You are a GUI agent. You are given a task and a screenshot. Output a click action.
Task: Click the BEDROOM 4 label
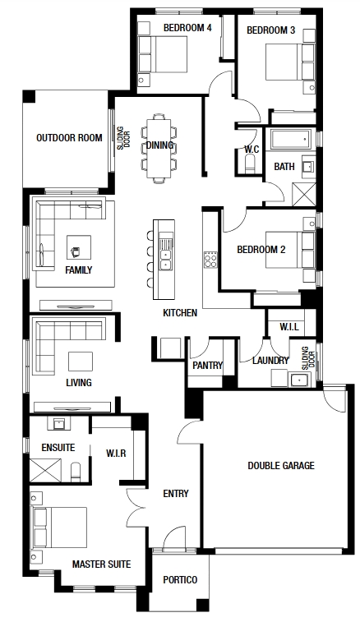(x=187, y=28)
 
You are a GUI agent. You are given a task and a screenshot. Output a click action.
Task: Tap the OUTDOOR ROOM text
(x=69, y=138)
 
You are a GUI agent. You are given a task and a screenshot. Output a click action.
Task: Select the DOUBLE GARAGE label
(x=281, y=465)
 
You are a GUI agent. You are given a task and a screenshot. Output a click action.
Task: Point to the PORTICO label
(x=180, y=580)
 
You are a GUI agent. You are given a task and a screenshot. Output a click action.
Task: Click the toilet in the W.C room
(x=250, y=164)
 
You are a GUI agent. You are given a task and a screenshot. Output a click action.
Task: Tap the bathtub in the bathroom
(x=290, y=139)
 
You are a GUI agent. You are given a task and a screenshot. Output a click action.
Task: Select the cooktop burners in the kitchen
(x=210, y=260)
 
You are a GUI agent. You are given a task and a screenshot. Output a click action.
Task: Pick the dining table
(x=159, y=149)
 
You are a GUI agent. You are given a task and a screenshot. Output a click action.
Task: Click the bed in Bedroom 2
(x=284, y=251)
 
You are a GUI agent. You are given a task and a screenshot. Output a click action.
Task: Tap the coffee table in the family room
(x=79, y=247)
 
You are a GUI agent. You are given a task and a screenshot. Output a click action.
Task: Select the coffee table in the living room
(x=81, y=362)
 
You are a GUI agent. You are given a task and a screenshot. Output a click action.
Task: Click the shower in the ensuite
(x=46, y=471)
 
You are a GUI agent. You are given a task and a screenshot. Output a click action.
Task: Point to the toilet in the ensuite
(x=76, y=472)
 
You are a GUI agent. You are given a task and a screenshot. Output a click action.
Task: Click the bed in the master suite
(x=60, y=528)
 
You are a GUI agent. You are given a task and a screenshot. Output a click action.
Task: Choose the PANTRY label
(x=208, y=366)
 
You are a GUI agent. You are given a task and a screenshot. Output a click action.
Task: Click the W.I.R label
(x=116, y=453)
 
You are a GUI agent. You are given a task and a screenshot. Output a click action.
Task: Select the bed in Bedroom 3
(x=284, y=62)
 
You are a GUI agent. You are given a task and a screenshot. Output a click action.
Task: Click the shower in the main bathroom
(x=304, y=195)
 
